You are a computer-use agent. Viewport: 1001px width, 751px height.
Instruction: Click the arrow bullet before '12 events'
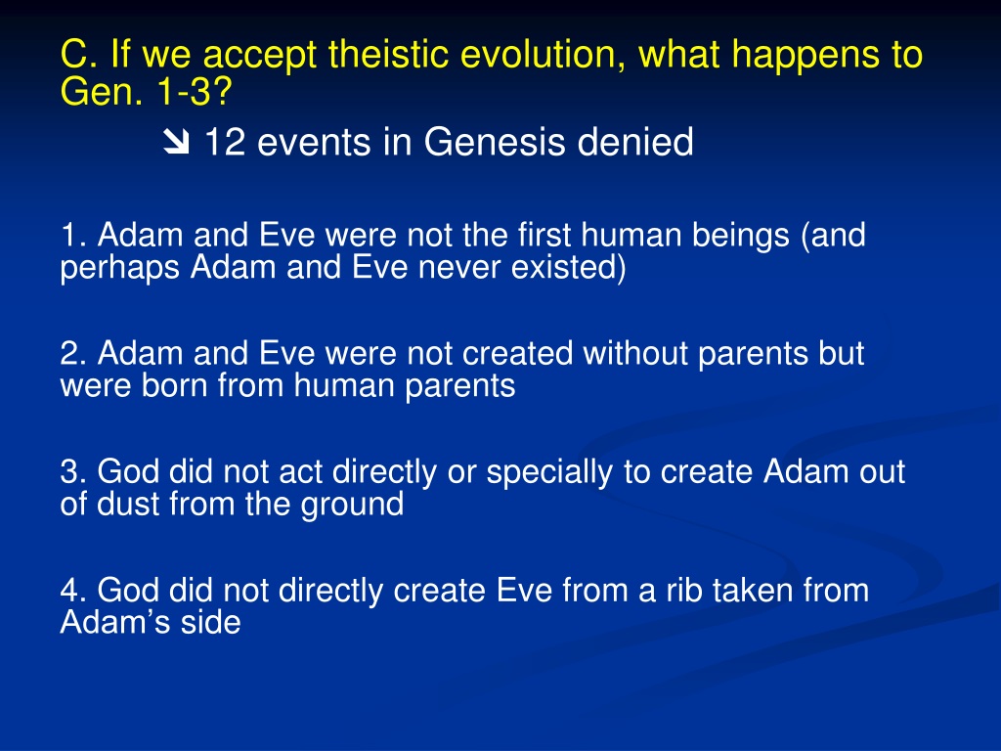(176, 142)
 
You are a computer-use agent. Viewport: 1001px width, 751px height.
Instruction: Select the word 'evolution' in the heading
(543, 54)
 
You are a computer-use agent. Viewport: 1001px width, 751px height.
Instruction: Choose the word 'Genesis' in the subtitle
(495, 141)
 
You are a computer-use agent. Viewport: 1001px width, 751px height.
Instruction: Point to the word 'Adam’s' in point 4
(115, 622)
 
